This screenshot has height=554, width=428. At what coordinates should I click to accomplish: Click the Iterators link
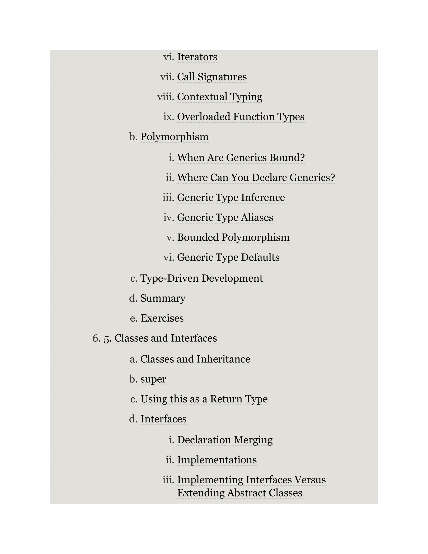click(x=197, y=57)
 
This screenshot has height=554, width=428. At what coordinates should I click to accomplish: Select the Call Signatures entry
click(x=212, y=77)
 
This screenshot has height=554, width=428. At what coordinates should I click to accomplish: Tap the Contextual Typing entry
click(x=220, y=97)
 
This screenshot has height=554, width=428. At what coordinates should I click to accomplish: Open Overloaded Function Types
click(x=241, y=117)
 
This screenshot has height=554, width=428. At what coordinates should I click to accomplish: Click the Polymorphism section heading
click(x=175, y=137)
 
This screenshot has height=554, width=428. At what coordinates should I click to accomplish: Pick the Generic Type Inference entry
click(x=231, y=198)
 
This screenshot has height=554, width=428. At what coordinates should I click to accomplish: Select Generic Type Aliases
click(x=225, y=218)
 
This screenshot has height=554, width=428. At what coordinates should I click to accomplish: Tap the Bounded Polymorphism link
click(x=233, y=237)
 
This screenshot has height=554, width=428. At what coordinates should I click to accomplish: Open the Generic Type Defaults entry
click(x=228, y=258)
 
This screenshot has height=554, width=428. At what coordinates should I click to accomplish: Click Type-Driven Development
click(x=202, y=278)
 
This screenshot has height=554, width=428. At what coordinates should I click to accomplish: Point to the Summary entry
click(x=163, y=298)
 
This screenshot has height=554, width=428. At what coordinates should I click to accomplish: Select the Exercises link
click(x=162, y=318)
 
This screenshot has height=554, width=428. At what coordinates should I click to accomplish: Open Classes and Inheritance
click(x=195, y=359)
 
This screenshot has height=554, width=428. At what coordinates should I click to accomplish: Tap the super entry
click(x=153, y=379)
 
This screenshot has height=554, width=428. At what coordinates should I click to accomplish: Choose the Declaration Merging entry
click(x=225, y=440)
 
